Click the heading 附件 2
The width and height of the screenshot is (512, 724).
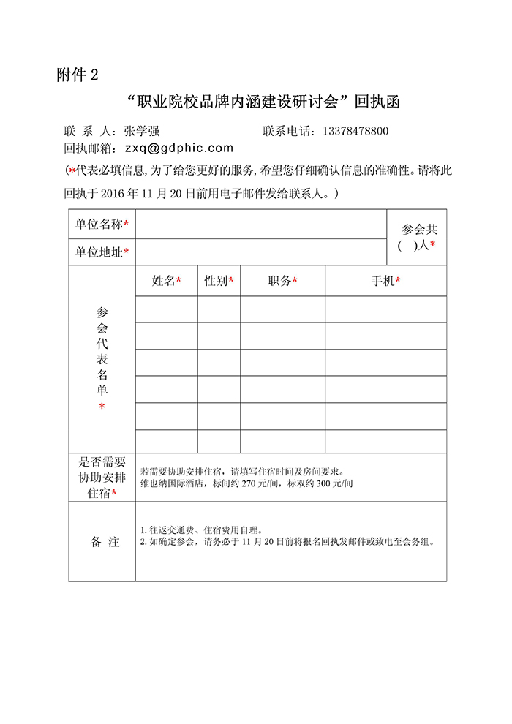[77, 75]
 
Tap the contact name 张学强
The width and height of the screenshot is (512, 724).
[142, 132]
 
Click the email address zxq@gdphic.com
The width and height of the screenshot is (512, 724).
[178, 148]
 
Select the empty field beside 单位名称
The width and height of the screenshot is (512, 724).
[260, 225]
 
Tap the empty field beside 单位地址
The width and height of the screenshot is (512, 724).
[260, 252]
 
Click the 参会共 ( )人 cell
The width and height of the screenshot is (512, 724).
[416, 238]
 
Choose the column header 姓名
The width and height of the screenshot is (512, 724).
[166, 281]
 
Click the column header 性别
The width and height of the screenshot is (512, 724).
[219, 281]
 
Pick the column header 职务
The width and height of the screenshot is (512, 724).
[282, 281]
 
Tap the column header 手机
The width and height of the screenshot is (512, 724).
[385, 281]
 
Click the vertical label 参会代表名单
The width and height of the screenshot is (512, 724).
[102, 358]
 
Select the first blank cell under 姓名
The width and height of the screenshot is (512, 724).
[166, 309]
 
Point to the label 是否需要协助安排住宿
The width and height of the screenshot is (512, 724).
[102, 478]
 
